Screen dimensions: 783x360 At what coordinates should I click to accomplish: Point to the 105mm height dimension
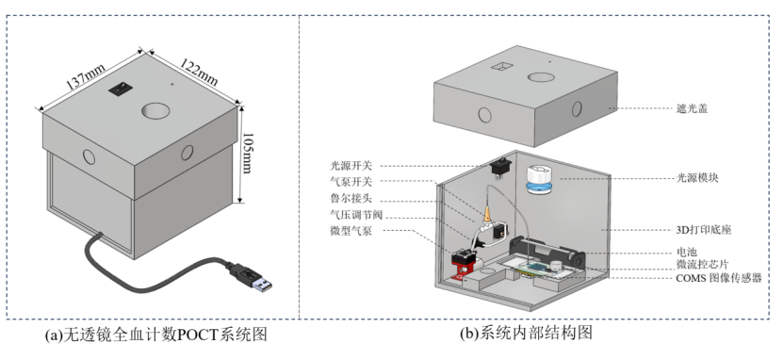point(248,153)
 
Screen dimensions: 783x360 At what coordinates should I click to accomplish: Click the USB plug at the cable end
point(252,278)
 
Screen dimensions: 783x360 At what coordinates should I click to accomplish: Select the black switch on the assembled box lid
point(120,89)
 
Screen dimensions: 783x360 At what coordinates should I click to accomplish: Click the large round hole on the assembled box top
point(156,110)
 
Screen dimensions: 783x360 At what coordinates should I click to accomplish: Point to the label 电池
point(686,253)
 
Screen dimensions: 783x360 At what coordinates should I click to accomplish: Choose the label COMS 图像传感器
point(719,278)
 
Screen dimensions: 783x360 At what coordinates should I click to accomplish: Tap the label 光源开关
point(351,165)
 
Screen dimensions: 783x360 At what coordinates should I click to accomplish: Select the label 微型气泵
point(351,231)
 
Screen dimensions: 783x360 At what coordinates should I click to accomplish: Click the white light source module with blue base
point(538,179)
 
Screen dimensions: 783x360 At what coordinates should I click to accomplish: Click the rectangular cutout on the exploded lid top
point(502,66)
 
